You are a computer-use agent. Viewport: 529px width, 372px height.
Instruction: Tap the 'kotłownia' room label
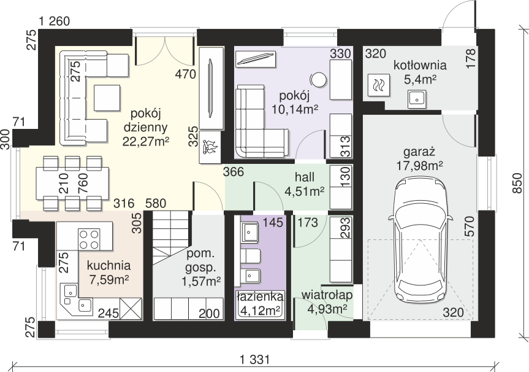point(420,65)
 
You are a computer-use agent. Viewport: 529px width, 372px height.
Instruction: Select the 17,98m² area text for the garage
point(419,166)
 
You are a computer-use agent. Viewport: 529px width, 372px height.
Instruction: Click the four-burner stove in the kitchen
point(89,239)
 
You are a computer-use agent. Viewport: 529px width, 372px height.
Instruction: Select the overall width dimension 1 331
point(255,359)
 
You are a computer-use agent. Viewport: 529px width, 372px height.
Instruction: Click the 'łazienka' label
point(260,296)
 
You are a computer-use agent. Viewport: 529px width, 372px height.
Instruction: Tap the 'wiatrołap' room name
point(327,295)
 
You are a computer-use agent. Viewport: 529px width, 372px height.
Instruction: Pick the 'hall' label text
point(305,177)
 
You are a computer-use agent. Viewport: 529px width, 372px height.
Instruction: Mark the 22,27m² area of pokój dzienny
point(146,141)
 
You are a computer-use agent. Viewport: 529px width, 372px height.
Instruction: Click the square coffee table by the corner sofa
point(107,98)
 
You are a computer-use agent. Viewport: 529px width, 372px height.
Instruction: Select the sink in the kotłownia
point(416,99)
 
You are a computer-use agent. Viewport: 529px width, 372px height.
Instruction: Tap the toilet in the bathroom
point(249,256)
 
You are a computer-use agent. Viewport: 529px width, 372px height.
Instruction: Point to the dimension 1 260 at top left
point(55,21)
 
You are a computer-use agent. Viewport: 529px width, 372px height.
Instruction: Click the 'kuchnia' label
point(108,266)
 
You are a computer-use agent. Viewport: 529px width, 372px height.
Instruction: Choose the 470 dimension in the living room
point(186,74)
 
